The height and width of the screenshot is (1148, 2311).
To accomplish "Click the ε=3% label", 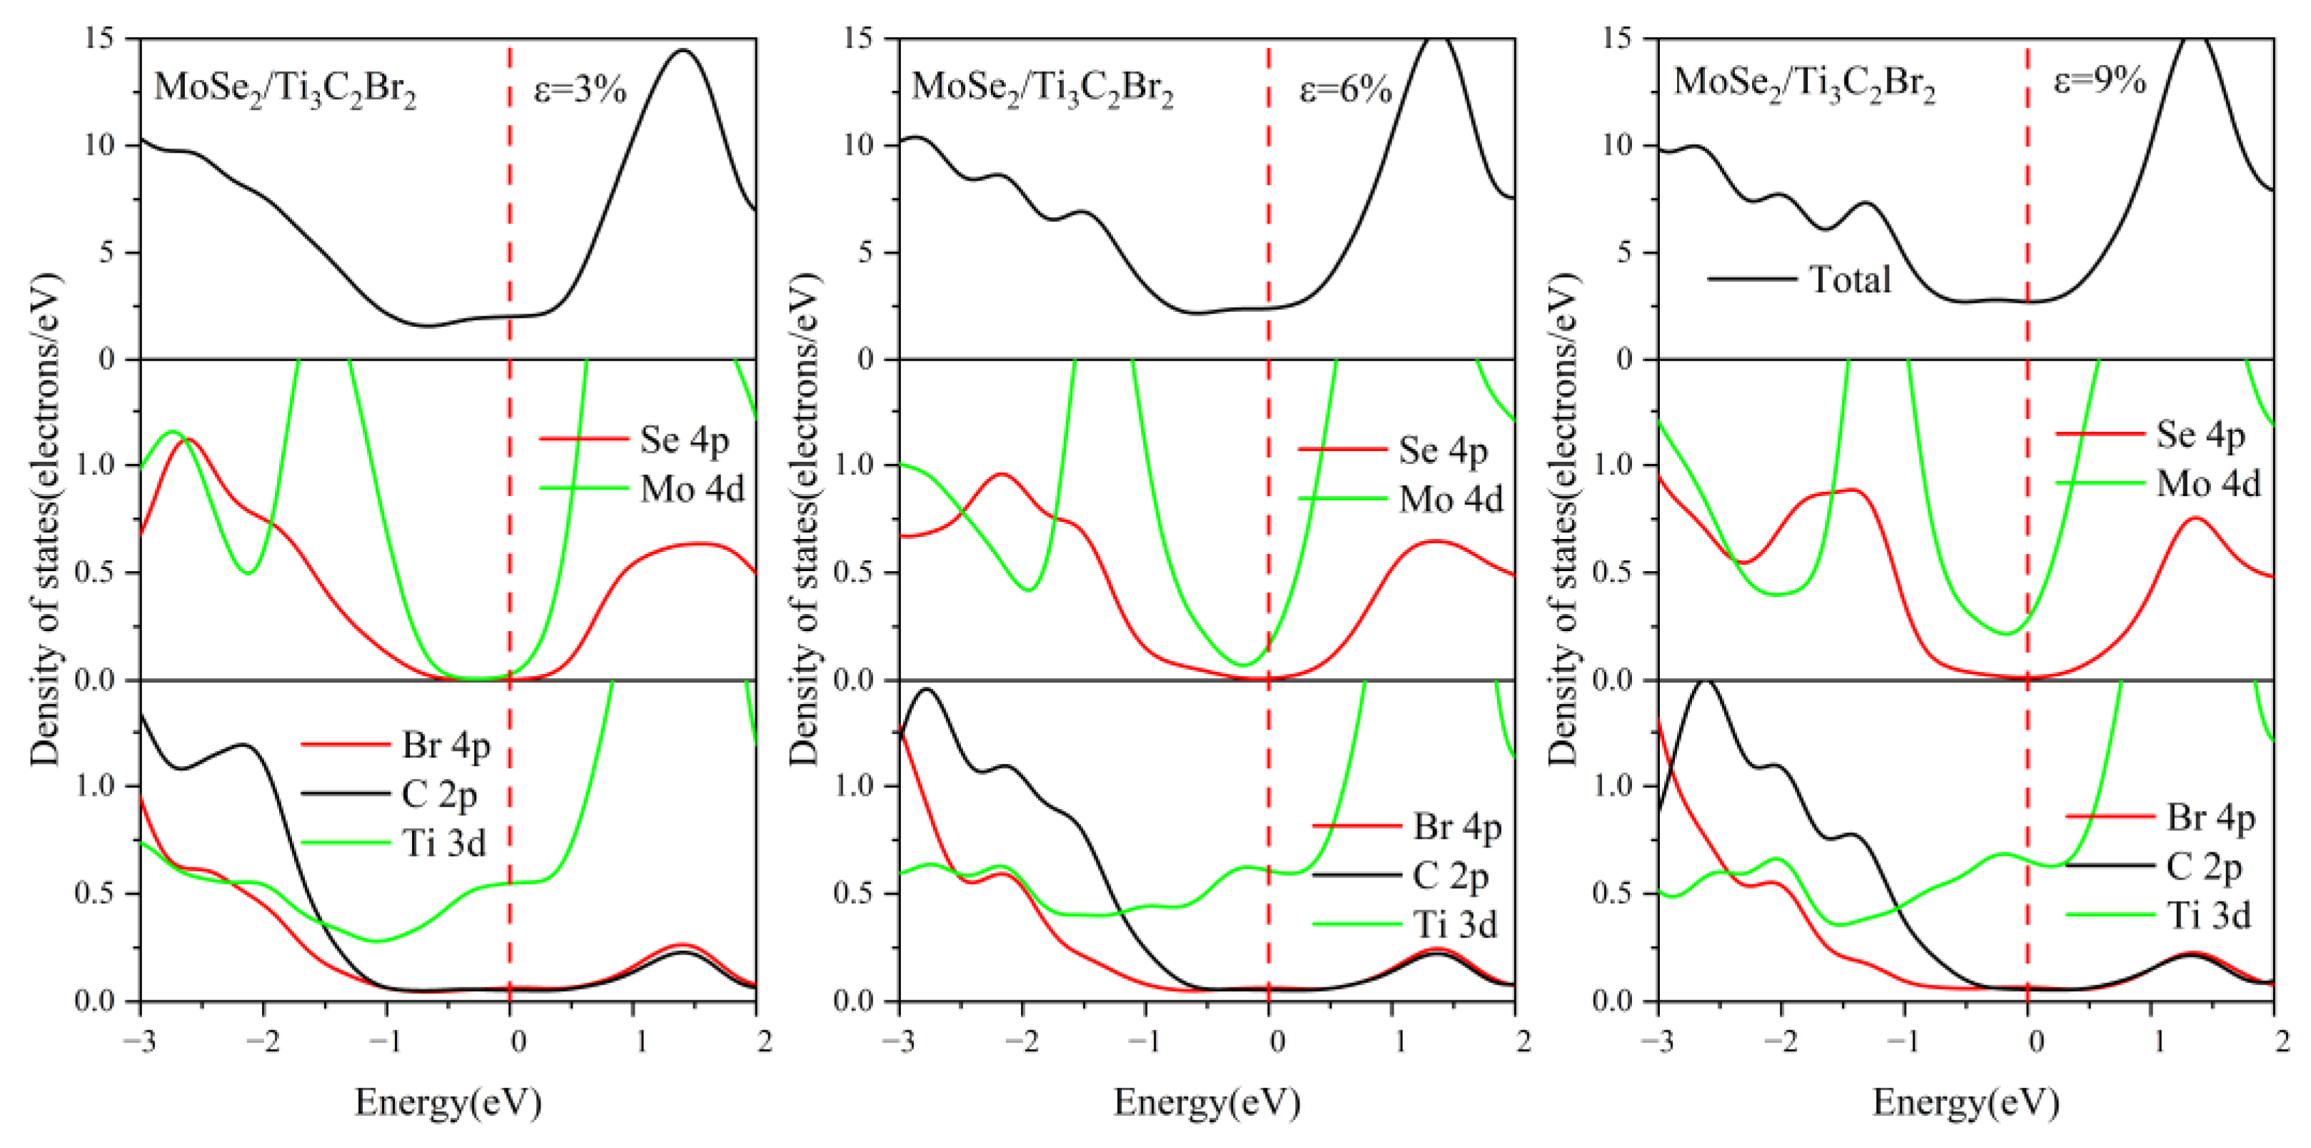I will (x=580, y=90).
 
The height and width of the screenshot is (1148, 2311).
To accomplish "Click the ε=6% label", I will (x=1346, y=90).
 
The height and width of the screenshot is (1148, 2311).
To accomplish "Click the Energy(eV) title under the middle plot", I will (x=1207, y=1102).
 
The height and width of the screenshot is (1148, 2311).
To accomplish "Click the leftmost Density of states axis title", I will (x=45, y=520).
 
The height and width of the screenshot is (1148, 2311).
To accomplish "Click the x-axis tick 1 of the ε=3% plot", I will (x=640, y=1042).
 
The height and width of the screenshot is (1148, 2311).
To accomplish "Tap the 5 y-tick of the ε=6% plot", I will (x=864, y=252).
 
